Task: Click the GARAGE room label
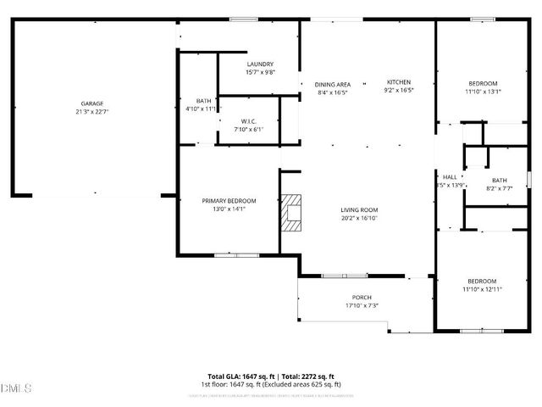pyautogui.click(x=92, y=103)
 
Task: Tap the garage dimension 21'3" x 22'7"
pyautogui.click(x=92, y=110)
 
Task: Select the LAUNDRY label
pyautogui.click(x=259, y=64)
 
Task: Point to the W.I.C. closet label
pyautogui.click(x=248, y=121)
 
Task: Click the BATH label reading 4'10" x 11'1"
pyautogui.click(x=203, y=100)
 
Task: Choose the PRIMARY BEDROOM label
pyautogui.click(x=229, y=200)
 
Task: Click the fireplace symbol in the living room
pyautogui.click(x=293, y=213)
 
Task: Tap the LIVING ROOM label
pyautogui.click(x=359, y=209)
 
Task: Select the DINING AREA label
pyautogui.click(x=332, y=84)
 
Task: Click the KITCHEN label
pyautogui.click(x=399, y=81)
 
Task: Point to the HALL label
pyautogui.click(x=450, y=177)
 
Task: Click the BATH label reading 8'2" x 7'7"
pyautogui.click(x=499, y=180)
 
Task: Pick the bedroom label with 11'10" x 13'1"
pyautogui.click(x=483, y=83)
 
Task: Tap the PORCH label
pyautogui.click(x=362, y=297)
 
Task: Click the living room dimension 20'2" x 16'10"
pyautogui.click(x=359, y=217)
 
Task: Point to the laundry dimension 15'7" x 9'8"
pyautogui.click(x=259, y=72)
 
